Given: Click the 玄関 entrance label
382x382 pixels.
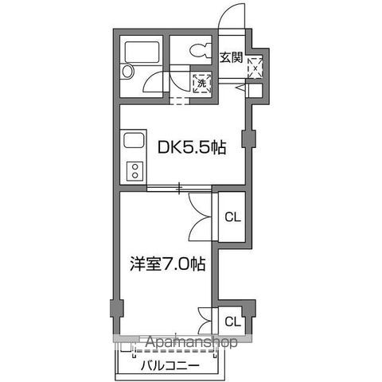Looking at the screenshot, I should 231,57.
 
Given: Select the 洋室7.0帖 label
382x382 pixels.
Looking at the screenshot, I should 168,263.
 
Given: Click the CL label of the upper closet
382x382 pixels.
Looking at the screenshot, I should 232,216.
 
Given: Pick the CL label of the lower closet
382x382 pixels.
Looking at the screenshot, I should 232,322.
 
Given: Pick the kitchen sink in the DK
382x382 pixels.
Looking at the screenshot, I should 133,143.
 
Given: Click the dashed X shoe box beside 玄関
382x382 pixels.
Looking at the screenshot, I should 255,67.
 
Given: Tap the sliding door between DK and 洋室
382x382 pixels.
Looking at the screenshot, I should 179,189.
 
